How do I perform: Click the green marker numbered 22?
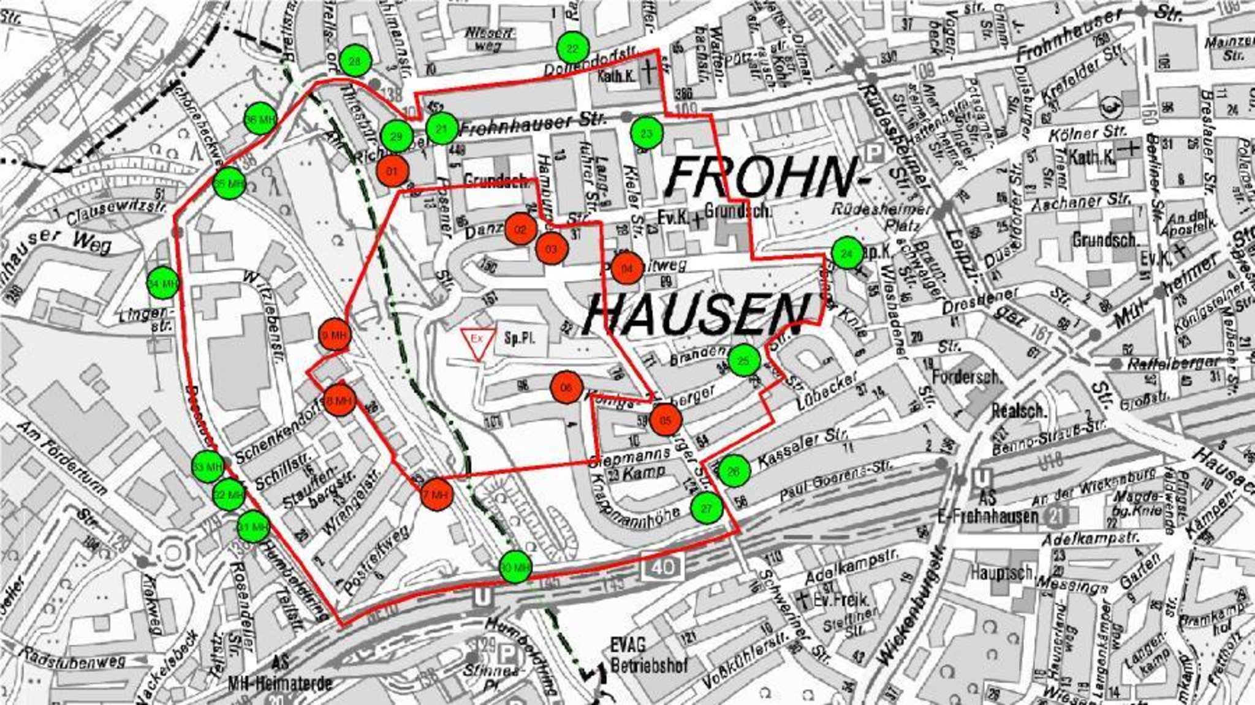pyautogui.click(x=573, y=48)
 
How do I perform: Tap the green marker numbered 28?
pyautogui.click(x=355, y=61)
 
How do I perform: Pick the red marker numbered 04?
pyautogui.click(x=627, y=268)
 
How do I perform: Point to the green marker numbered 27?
pyautogui.click(x=707, y=508)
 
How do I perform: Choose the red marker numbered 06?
pyautogui.click(x=566, y=388)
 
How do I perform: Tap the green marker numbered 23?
pyautogui.click(x=646, y=132)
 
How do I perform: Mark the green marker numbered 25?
pyautogui.click(x=744, y=361)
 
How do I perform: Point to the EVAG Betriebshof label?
pyautogui.click(x=650, y=655)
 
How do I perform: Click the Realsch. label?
pyautogui.click(x=1018, y=410)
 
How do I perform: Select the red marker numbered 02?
pyautogui.click(x=521, y=229)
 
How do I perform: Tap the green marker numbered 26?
pyautogui.click(x=733, y=471)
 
